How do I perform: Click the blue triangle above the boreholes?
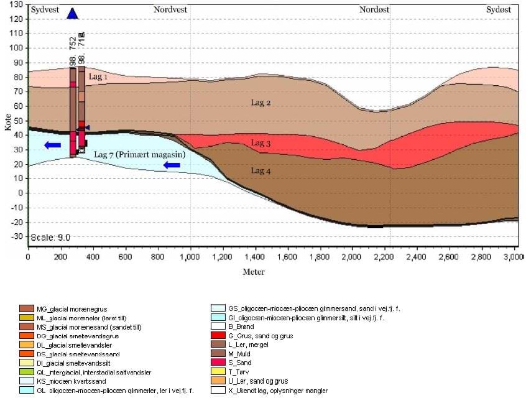(x=73, y=14)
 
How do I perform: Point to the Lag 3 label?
(x=261, y=143)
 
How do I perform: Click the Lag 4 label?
(x=261, y=170)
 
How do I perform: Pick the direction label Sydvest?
(x=44, y=9)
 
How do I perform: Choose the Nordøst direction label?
(x=375, y=9)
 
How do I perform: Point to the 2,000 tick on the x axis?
(x=352, y=256)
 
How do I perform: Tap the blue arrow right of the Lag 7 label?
(x=172, y=165)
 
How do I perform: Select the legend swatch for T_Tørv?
(x=218, y=371)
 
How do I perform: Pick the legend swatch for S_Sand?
(x=218, y=362)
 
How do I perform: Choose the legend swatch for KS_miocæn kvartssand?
(x=27, y=381)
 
